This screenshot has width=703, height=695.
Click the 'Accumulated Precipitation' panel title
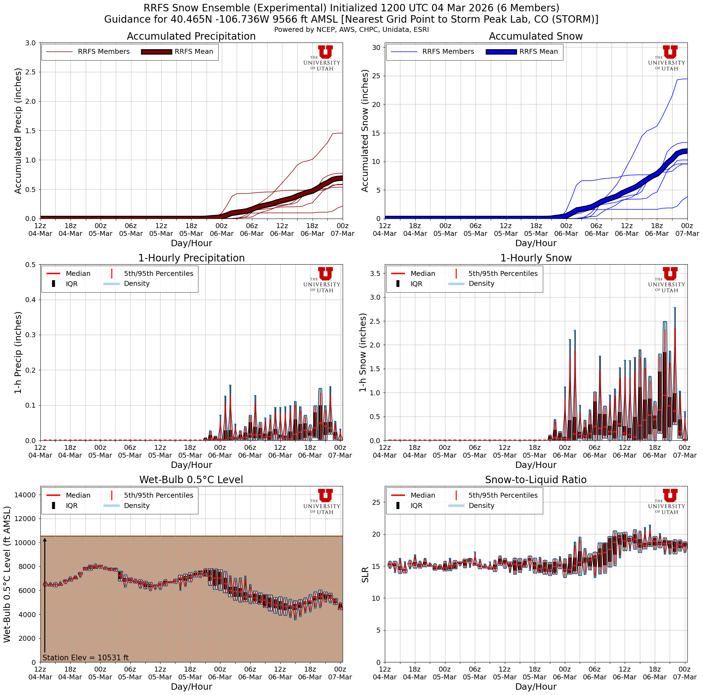[x=191, y=36]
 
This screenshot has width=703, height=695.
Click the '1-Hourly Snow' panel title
[x=536, y=258]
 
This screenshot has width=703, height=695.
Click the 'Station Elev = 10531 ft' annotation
[x=85, y=657]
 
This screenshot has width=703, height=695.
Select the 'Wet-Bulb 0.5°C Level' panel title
[x=191, y=480]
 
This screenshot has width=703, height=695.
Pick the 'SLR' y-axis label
[x=365, y=575]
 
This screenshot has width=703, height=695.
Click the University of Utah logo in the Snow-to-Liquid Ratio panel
[x=666, y=502]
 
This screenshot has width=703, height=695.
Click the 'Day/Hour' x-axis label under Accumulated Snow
[x=536, y=243]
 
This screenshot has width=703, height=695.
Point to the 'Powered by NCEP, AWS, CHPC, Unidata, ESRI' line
[x=351, y=30]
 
